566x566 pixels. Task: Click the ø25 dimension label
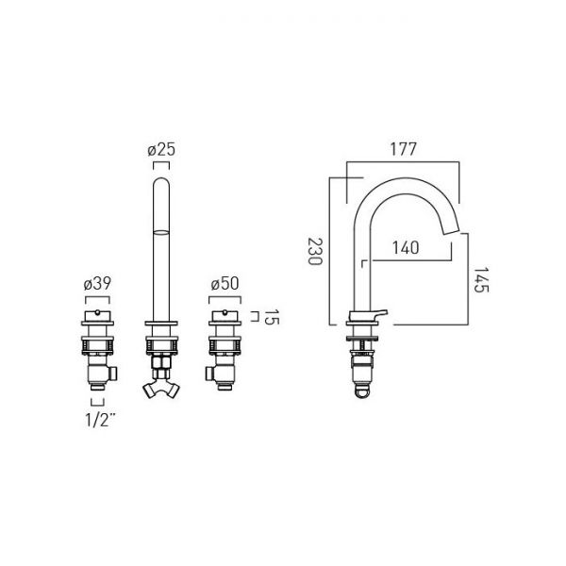pos(161,150)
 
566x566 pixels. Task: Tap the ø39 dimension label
pos(97,284)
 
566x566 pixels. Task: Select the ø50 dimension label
pos(225,284)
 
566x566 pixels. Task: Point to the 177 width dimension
pos(403,149)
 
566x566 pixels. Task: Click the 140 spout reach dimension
pos(406,247)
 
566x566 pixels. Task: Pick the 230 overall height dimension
pos(314,251)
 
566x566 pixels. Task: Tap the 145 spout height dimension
pos(481,280)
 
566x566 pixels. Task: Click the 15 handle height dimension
pos(272,317)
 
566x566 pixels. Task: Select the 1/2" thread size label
pos(101,420)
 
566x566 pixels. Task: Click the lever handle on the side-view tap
pos(375,314)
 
